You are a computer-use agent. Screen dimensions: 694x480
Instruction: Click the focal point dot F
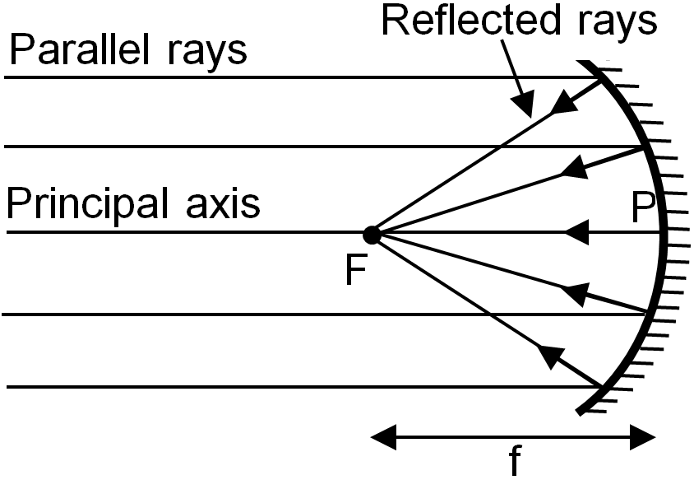(x=372, y=235)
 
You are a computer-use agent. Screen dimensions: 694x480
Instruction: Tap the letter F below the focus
(x=355, y=270)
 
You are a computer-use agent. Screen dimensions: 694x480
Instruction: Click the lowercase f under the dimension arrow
(x=514, y=460)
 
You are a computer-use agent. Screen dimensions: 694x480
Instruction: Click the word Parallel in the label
(x=79, y=49)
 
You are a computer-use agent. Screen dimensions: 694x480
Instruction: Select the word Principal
(x=87, y=203)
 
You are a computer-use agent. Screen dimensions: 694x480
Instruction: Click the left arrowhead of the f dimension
(x=384, y=437)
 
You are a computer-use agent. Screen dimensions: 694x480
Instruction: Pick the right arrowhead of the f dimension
(x=642, y=437)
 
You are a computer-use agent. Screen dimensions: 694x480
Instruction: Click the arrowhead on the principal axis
(x=576, y=232)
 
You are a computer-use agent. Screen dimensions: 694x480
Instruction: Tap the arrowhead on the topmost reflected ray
(x=564, y=103)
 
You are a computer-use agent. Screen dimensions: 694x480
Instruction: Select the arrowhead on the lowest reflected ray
(x=552, y=356)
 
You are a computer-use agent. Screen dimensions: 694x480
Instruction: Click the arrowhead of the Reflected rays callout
(x=524, y=105)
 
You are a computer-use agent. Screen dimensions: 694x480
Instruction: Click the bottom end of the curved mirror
(x=579, y=412)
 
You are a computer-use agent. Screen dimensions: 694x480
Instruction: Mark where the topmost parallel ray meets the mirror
(x=600, y=77)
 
